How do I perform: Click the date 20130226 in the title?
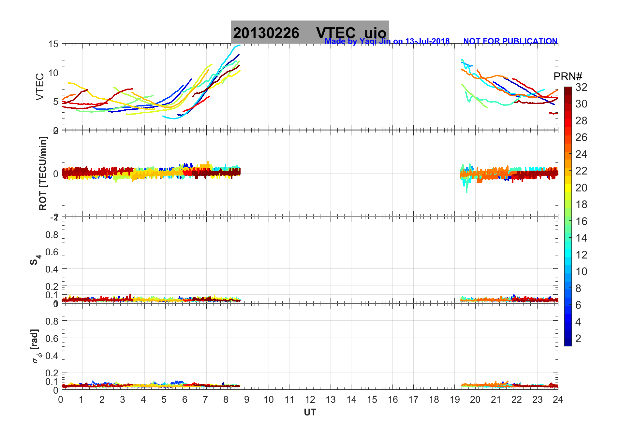coord(266,33)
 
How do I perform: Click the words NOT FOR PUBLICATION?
coord(510,41)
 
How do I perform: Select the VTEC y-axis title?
coord(40,87)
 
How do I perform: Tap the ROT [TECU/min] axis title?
coord(43,173)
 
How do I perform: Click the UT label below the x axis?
coord(310,412)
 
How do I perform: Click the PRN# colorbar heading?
coord(568,77)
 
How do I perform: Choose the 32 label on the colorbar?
coord(581,87)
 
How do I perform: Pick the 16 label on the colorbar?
coord(581,221)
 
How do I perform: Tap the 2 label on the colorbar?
coord(578,339)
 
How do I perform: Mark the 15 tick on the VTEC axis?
coord(53,44)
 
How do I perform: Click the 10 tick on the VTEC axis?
coord(53,73)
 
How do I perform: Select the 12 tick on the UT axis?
coord(310,399)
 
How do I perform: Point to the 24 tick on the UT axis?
coord(558,399)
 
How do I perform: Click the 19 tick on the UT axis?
coord(455,399)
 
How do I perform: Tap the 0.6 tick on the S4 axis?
coord(52,252)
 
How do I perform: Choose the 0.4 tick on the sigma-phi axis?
coord(52,356)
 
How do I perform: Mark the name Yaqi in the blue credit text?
coord(368,41)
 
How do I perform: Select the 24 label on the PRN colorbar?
coord(581,154)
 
